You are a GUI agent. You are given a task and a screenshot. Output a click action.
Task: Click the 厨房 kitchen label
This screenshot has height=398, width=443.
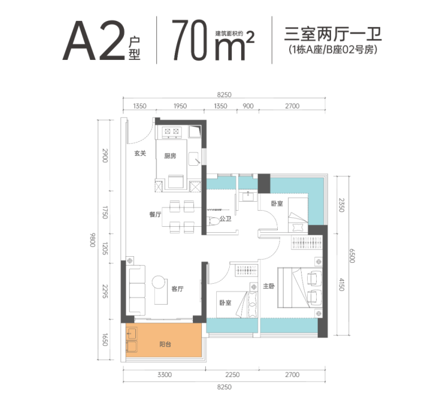point(170,156)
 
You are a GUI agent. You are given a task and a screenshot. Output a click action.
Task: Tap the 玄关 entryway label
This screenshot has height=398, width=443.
point(140,153)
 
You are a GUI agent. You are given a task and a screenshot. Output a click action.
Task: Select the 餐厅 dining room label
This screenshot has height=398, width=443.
point(155,214)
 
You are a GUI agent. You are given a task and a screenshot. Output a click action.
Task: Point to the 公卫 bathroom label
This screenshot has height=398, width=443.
point(226,219)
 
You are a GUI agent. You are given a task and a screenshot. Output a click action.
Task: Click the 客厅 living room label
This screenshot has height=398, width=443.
point(177,288)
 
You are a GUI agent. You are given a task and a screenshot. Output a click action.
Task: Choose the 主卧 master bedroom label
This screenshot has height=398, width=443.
point(269,286)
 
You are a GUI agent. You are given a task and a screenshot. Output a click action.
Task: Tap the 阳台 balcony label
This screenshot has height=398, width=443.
point(165,344)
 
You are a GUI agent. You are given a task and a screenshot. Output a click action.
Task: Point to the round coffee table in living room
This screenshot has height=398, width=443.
point(158,282)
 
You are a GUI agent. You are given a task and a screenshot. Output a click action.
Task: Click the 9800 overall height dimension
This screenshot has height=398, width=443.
point(93,240)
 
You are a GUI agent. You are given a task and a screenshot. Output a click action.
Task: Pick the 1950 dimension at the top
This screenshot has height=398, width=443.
point(180,106)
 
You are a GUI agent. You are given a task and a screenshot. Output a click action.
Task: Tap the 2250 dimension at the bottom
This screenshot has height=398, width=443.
point(232,375)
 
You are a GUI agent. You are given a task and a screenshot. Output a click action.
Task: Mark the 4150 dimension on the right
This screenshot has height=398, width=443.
point(342,284)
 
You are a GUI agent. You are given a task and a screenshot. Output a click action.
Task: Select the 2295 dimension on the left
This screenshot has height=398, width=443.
point(105,291)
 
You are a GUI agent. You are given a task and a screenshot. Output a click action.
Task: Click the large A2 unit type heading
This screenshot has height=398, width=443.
point(94,41)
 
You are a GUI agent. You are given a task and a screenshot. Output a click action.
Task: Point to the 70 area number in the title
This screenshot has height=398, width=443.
point(190,40)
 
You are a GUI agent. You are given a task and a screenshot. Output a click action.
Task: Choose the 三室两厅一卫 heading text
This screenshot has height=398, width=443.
point(333,34)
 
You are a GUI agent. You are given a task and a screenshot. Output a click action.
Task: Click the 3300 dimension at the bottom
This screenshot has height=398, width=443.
point(165,375)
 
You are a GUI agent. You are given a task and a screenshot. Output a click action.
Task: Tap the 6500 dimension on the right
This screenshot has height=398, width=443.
point(352,256)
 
